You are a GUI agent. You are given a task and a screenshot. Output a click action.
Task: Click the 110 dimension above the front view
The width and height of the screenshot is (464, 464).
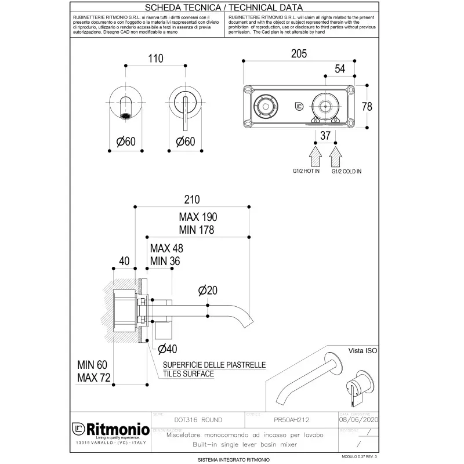[x=156, y=59]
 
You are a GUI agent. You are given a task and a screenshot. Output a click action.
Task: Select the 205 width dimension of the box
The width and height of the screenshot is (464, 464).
[x=299, y=53]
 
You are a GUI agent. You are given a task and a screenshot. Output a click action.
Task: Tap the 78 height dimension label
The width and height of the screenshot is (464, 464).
[x=367, y=106]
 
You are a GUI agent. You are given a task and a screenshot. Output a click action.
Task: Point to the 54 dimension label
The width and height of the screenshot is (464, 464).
[x=340, y=69]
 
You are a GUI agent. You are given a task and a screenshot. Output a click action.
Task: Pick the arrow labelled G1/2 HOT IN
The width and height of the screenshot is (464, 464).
[x=316, y=156]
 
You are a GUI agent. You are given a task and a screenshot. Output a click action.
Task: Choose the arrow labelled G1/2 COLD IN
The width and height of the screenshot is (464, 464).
[x=335, y=156]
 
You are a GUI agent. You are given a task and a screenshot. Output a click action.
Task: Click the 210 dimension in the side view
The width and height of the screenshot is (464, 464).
[x=192, y=200]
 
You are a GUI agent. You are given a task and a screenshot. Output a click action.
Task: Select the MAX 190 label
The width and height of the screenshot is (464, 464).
[x=198, y=216]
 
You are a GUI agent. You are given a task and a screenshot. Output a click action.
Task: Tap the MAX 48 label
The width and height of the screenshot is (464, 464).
[x=166, y=248]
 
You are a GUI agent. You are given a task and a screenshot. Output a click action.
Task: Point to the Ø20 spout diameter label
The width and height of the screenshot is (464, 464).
[x=208, y=290]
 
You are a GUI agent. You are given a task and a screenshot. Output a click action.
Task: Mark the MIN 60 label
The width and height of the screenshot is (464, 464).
[x=92, y=365]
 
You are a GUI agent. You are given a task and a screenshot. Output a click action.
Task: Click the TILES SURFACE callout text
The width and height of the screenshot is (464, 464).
[x=188, y=374]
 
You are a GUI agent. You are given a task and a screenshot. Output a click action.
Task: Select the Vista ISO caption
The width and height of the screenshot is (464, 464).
[x=362, y=351]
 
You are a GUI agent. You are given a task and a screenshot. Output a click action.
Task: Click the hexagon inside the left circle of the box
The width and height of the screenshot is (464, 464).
[x=267, y=106]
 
